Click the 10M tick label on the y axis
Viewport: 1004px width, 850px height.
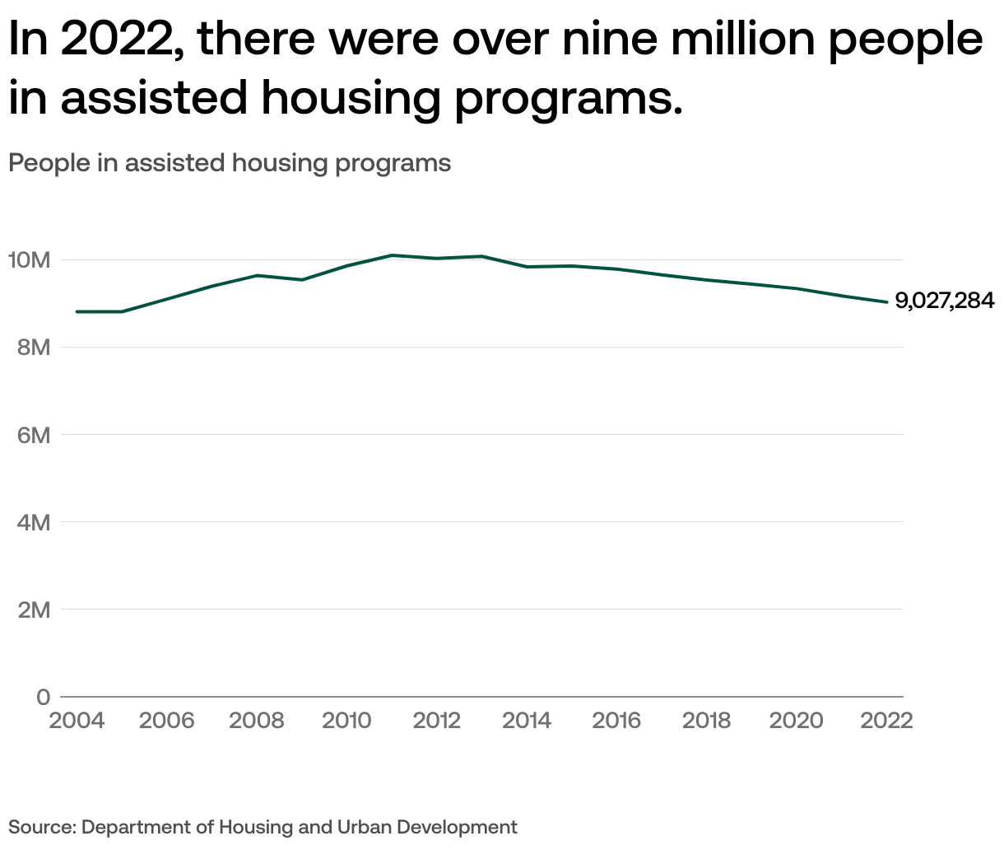pyautogui.click(x=30, y=260)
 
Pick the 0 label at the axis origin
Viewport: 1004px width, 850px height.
pyautogui.click(x=43, y=697)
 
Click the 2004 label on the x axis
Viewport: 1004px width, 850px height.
pyautogui.click(x=77, y=721)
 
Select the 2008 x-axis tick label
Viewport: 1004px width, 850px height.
pyautogui.click(x=257, y=721)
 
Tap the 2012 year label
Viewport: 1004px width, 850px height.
pyautogui.click(x=436, y=721)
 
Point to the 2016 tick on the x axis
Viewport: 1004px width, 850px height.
pyautogui.click(x=616, y=721)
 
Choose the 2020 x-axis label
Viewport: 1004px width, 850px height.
pyautogui.click(x=796, y=721)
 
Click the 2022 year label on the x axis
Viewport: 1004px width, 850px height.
pyautogui.click(x=886, y=721)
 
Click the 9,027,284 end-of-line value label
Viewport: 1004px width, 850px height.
pyautogui.click(x=945, y=301)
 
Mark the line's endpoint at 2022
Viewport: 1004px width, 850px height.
pyautogui.click(x=886, y=302)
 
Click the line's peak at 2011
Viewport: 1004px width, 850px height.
pyautogui.click(x=392, y=255)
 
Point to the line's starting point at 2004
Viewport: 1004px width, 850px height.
pyautogui.click(x=77, y=311)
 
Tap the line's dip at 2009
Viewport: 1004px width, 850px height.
pyautogui.click(x=302, y=280)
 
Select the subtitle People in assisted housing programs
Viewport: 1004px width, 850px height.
pyautogui.click(x=230, y=163)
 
